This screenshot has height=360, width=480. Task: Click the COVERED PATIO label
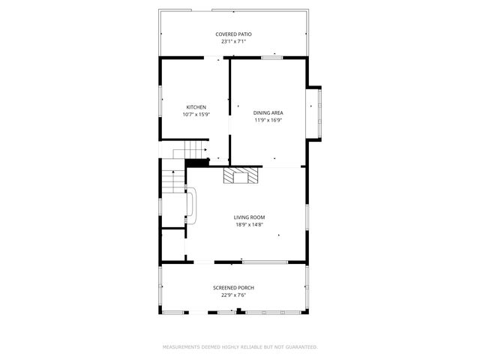[234, 34]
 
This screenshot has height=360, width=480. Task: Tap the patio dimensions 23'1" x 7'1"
[234, 42]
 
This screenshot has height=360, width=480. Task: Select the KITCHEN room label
[196, 107]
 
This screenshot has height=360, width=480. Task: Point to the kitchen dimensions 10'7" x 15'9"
[196, 115]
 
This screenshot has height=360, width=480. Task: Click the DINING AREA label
[268, 112]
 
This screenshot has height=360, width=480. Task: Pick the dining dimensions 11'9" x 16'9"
[268, 120]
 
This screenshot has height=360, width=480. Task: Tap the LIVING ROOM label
[249, 217]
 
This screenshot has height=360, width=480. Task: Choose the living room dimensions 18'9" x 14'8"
[249, 224]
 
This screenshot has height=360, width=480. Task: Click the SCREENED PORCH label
[234, 288]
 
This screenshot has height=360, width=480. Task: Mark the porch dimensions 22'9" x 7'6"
[234, 295]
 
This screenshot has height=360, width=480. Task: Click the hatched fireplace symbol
[241, 175]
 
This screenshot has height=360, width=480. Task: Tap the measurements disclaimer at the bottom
[240, 347]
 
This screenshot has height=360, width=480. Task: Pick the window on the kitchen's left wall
[160, 97]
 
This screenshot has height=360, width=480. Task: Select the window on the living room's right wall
[307, 217]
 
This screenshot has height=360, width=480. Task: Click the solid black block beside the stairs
[196, 163]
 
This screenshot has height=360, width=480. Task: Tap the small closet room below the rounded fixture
[173, 244]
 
